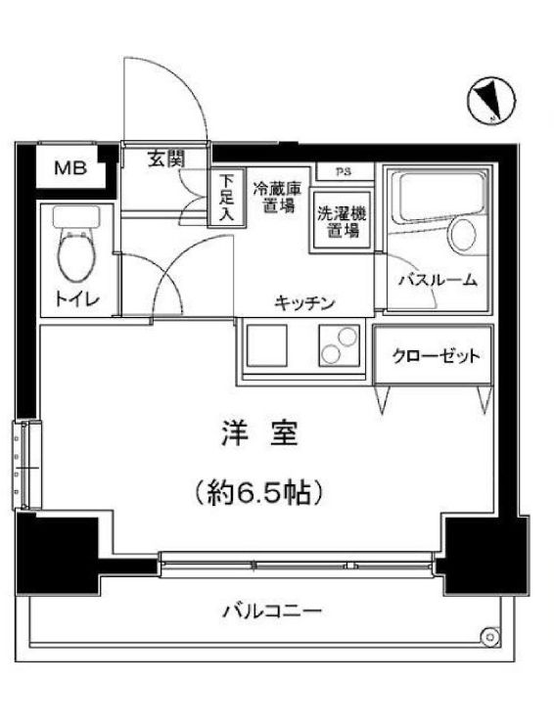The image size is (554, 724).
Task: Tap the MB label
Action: click(x=69, y=168)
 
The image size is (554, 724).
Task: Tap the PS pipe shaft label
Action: click(x=343, y=173)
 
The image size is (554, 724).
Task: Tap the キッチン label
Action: click(x=304, y=302)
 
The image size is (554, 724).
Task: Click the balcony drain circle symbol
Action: click(x=488, y=636)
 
